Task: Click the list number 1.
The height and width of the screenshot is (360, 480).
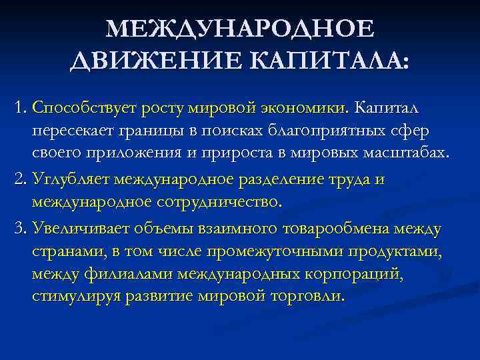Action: pyautogui.click(x=19, y=107)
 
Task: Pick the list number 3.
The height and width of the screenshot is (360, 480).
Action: pyautogui.click(x=19, y=229)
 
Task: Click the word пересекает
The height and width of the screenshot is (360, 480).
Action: pyautogui.click(x=71, y=130)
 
